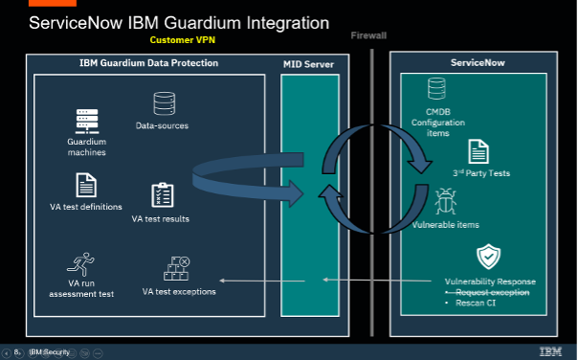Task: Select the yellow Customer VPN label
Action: [x=189, y=41]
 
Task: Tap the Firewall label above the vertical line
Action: [x=369, y=34]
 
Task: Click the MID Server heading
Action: [x=308, y=64]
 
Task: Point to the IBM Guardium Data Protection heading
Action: [x=148, y=63]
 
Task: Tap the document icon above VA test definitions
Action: [x=86, y=185]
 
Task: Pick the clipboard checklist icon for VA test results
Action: [x=161, y=196]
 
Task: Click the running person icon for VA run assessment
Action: [x=80, y=264]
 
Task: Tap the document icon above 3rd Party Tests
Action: [x=478, y=151]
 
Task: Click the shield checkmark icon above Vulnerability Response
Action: [x=489, y=257]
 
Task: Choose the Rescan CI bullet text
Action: [x=476, y=304]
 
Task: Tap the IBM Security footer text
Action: [x=50, y=352]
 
